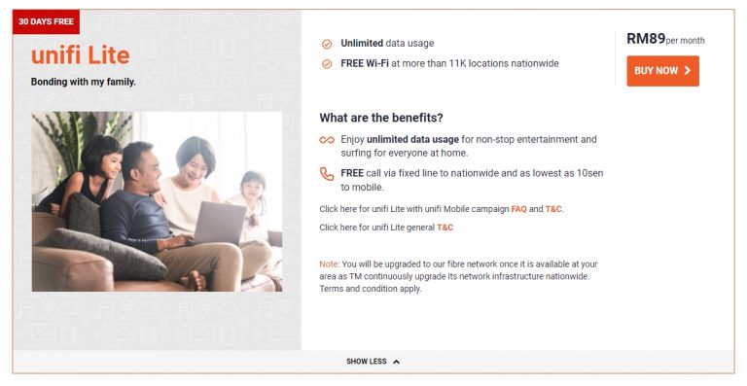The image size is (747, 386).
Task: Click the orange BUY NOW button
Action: pos(662,71)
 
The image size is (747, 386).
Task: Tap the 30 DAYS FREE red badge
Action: pos(46,21)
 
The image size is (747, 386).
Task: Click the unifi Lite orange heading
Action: pos(80,54)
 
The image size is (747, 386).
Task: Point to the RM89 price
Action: pos(646,39)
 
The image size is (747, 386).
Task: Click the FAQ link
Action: pos(518,209)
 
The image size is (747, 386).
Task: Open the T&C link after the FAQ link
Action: pos(553,209)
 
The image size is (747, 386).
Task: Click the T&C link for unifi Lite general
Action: pos(445,228)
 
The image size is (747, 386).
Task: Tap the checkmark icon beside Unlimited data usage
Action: pos(327,44)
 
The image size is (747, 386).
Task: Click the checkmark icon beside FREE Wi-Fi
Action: pos(327,64)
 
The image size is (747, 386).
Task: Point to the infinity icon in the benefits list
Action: pos(327,140)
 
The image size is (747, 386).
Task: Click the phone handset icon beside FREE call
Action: pos(327,174)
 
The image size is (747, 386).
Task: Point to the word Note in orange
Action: pos(329,264)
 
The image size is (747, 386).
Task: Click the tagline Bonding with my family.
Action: pos(84,82)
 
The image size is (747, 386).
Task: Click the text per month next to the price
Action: pos(686,41)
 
